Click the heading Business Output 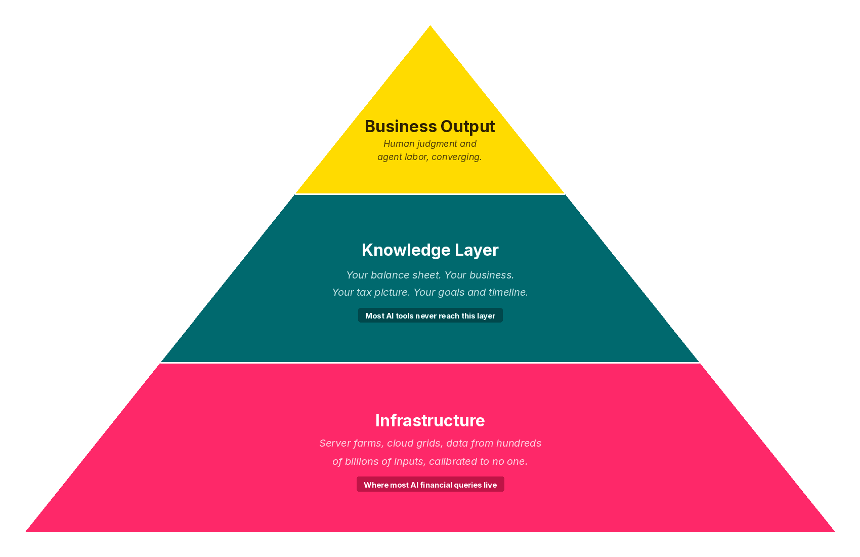coord(429,127)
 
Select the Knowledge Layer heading coord(430,250)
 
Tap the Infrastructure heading coord(430,421)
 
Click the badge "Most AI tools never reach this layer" coord(430,315)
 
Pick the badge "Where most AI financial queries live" coord(430,485)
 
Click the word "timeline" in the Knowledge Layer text coord(508,292)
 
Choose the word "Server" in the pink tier coord(334,443)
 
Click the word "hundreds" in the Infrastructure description coord(519,443)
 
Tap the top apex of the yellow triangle coord(430,27)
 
